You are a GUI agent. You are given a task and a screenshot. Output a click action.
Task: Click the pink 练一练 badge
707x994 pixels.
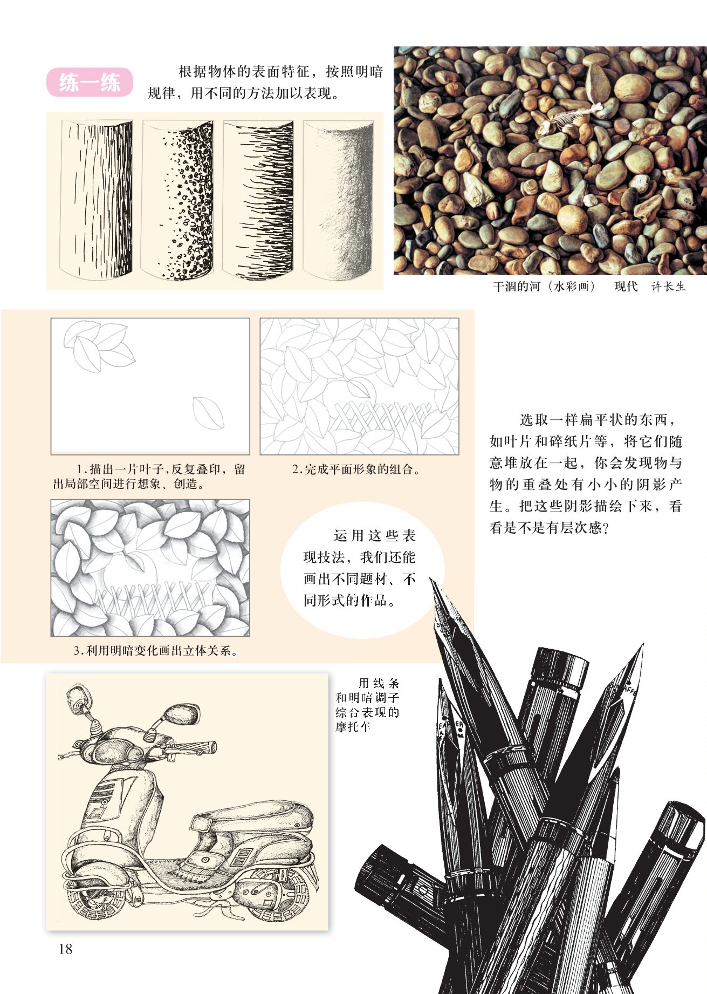coord(90,83)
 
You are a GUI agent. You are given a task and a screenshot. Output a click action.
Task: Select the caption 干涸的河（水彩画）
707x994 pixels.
coord(544,287)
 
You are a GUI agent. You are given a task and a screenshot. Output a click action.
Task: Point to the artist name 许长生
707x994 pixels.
coord(668,287)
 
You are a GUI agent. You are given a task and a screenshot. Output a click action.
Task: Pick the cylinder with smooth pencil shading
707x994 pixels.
coord(338,200)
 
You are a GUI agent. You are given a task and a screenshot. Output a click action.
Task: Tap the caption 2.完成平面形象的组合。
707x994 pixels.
coord(356,469)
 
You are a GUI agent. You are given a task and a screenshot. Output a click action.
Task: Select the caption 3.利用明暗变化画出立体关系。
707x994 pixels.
coord(156,651)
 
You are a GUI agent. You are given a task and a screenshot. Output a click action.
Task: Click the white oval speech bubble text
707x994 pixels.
coord(360,568)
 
